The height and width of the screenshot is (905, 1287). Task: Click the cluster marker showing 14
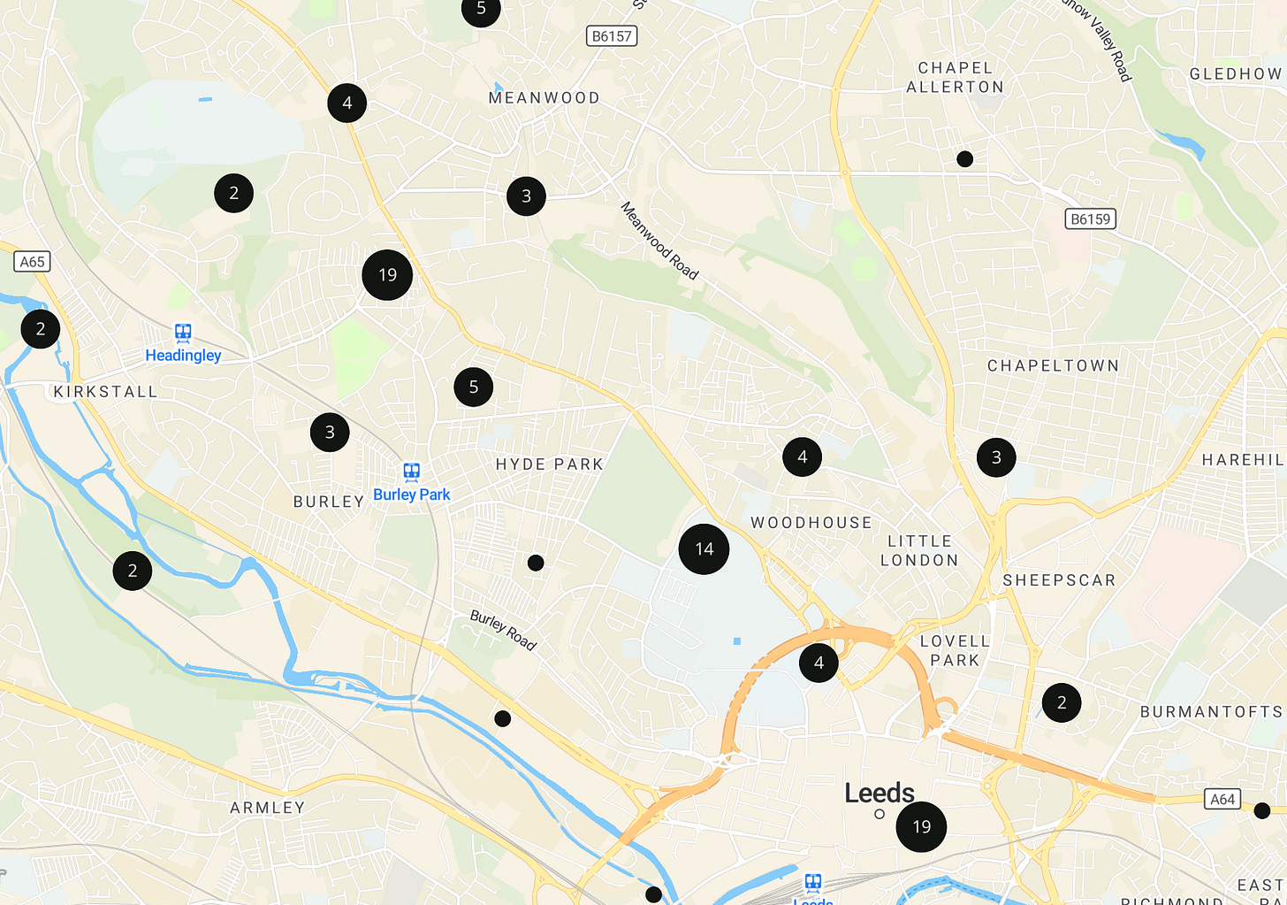704,549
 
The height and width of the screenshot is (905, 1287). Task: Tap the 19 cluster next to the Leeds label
921,827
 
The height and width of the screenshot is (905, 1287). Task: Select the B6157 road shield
612,36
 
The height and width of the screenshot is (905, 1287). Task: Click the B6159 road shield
1090,219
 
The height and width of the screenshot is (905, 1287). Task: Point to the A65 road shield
33,262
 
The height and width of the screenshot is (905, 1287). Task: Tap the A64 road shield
1222,800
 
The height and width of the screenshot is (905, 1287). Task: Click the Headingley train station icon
183,334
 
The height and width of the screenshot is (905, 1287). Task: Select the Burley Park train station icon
412,472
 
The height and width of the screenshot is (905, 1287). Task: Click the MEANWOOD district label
544,98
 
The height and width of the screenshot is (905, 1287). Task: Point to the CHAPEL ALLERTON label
956,78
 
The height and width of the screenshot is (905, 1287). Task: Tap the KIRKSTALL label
105,392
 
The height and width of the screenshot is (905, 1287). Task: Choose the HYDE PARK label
550,464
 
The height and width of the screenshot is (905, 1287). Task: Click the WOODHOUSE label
811,523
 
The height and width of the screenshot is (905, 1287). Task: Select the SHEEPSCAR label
1059,580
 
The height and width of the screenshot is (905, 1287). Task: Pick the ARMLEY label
268,808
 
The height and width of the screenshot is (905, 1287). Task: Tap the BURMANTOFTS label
1211,712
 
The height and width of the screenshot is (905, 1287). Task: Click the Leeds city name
880,793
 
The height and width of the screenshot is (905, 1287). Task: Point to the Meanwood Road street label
659,241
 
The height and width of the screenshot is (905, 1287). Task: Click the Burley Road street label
503,630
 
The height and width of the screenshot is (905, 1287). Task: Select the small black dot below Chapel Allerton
965,159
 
